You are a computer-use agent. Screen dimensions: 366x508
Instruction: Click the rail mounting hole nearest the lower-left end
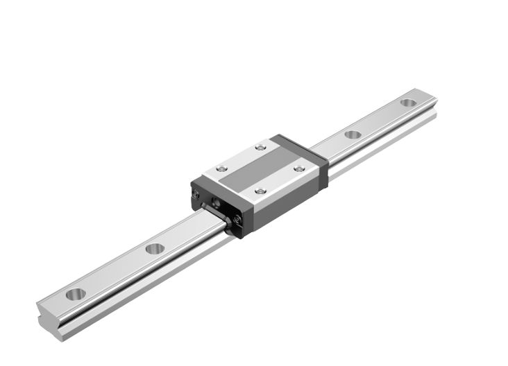76,294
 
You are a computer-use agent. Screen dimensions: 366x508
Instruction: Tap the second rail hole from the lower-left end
155,247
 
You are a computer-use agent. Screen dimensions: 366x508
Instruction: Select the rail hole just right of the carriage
353,134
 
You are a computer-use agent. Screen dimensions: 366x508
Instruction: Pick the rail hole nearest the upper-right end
408,103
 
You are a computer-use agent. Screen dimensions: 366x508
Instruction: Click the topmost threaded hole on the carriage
260,147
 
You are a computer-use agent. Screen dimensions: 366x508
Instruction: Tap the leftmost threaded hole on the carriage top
221,168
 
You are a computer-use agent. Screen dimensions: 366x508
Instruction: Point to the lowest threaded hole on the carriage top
260,191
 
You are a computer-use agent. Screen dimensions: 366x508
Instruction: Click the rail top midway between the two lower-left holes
115,271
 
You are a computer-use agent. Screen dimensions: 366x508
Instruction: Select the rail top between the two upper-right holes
380,119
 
